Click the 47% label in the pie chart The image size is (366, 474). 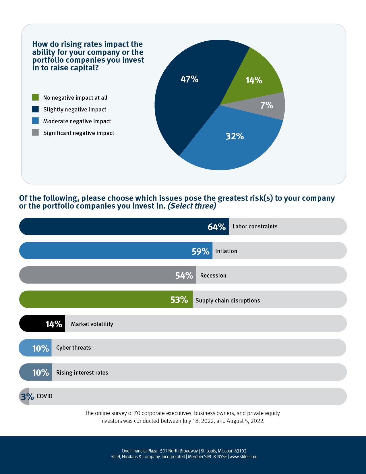(x=189, y=79)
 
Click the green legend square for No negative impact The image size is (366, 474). (x=35, y=97)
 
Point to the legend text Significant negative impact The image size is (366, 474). (x=79, y=133)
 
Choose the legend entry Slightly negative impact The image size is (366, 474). (x=75, y=109)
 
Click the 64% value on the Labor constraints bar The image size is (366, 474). (x=217, y=227)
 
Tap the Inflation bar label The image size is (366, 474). (x=226, y=251)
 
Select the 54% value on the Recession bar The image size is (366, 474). (x=184, y=276)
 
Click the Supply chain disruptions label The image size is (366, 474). (x=228, y=300)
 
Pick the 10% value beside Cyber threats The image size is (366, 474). (x=40, y=348)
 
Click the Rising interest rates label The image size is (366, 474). (x=82, y=373)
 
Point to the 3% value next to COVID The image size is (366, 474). (x=27, y=397)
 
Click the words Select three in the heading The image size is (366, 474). (x=192, y=206)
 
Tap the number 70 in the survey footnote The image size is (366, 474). (x=137, y=413)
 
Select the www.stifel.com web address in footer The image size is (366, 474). (x=243, y=456)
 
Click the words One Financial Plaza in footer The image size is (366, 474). (x=139, y=451)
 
